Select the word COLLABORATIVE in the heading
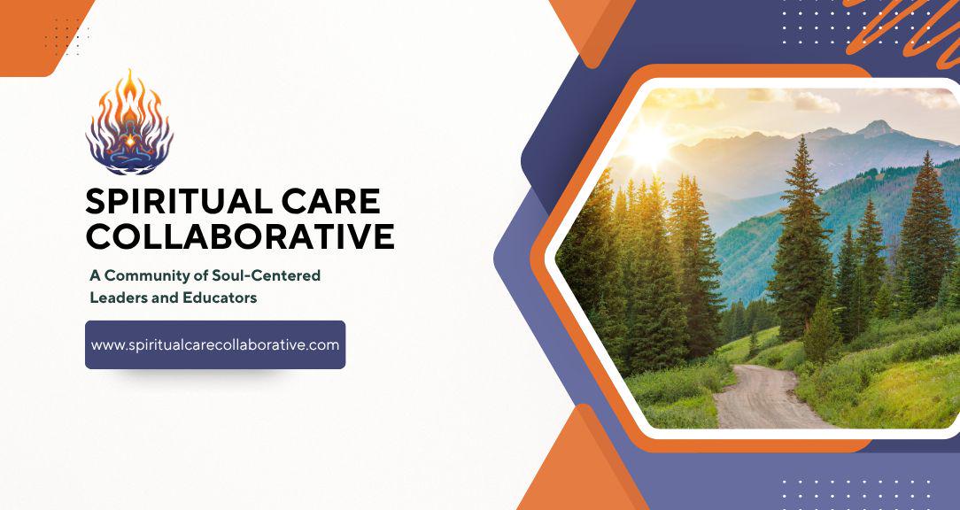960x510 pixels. coord(240,236)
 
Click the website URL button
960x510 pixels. coord(215,344)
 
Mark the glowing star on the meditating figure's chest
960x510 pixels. coord(130,140)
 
